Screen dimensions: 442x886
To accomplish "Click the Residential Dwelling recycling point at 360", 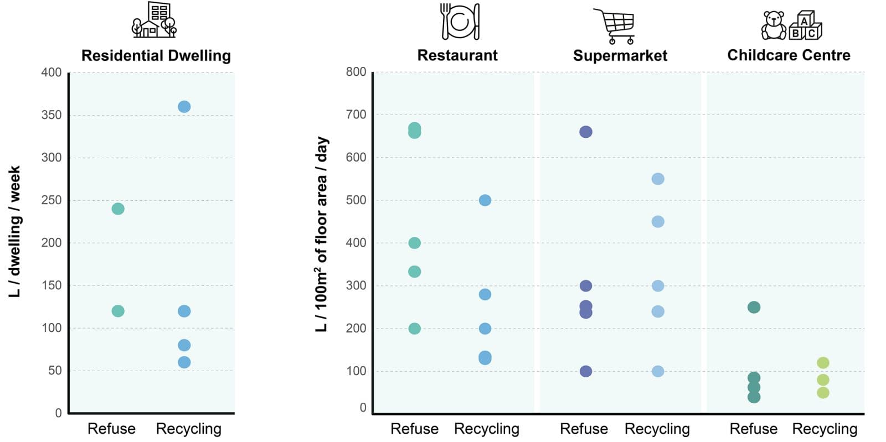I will click(x=184, y=107).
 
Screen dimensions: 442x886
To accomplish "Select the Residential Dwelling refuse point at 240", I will click(x=118, y=209).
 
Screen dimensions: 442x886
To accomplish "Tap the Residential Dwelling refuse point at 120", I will click(x=118, y=311).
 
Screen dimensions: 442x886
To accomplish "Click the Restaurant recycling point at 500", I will click(x=485, y=200).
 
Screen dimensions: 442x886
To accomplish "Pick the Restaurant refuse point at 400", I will click(x=414, y=243).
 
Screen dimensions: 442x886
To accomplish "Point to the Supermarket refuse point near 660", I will click(x=586, y=132).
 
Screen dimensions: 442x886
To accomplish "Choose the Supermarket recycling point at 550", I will click(x=658, y=179).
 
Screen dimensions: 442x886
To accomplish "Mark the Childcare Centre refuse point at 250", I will click(x=754, y=307).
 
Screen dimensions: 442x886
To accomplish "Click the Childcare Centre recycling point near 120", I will click(x=823, y=363).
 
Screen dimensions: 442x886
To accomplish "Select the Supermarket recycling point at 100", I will click(x=658, y=371).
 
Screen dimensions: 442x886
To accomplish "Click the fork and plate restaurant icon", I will click(x=460, y=22).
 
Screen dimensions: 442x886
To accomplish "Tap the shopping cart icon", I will click(x=615, y=25).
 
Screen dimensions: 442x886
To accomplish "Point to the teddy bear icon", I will click(x=774, y=25).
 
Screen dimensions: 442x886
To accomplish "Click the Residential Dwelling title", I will click(x=156, y=55).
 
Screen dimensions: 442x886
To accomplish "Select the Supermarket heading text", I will click(x=620, y=55).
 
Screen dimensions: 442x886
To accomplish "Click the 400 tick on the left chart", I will click(x=51, y=72).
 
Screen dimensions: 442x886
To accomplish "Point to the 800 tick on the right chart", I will click(x=356, y=72).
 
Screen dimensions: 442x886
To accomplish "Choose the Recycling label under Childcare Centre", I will click(x=825, y=429).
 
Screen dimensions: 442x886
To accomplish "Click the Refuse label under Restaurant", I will click(x=414, y=429).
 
